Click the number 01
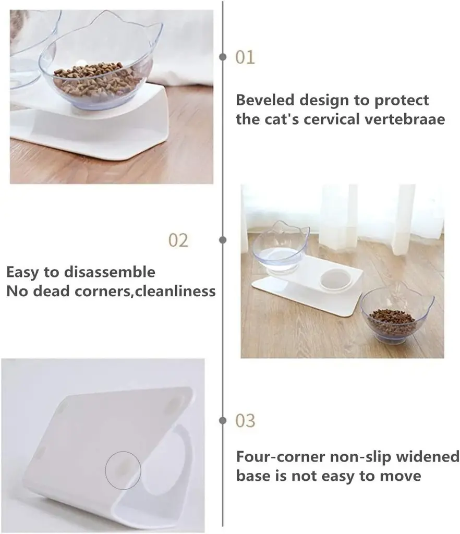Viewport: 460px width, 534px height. (x=245, y=57)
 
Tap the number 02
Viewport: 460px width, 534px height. (x=178, y=240)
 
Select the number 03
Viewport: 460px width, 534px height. (x=245, y=420)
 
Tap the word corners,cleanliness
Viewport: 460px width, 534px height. (x=151, y=290)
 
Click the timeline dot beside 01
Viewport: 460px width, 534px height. (x=223, y=57)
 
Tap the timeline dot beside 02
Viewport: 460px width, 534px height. (x=223, y=240)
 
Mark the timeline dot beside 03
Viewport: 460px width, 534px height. (x=223, y=420)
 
